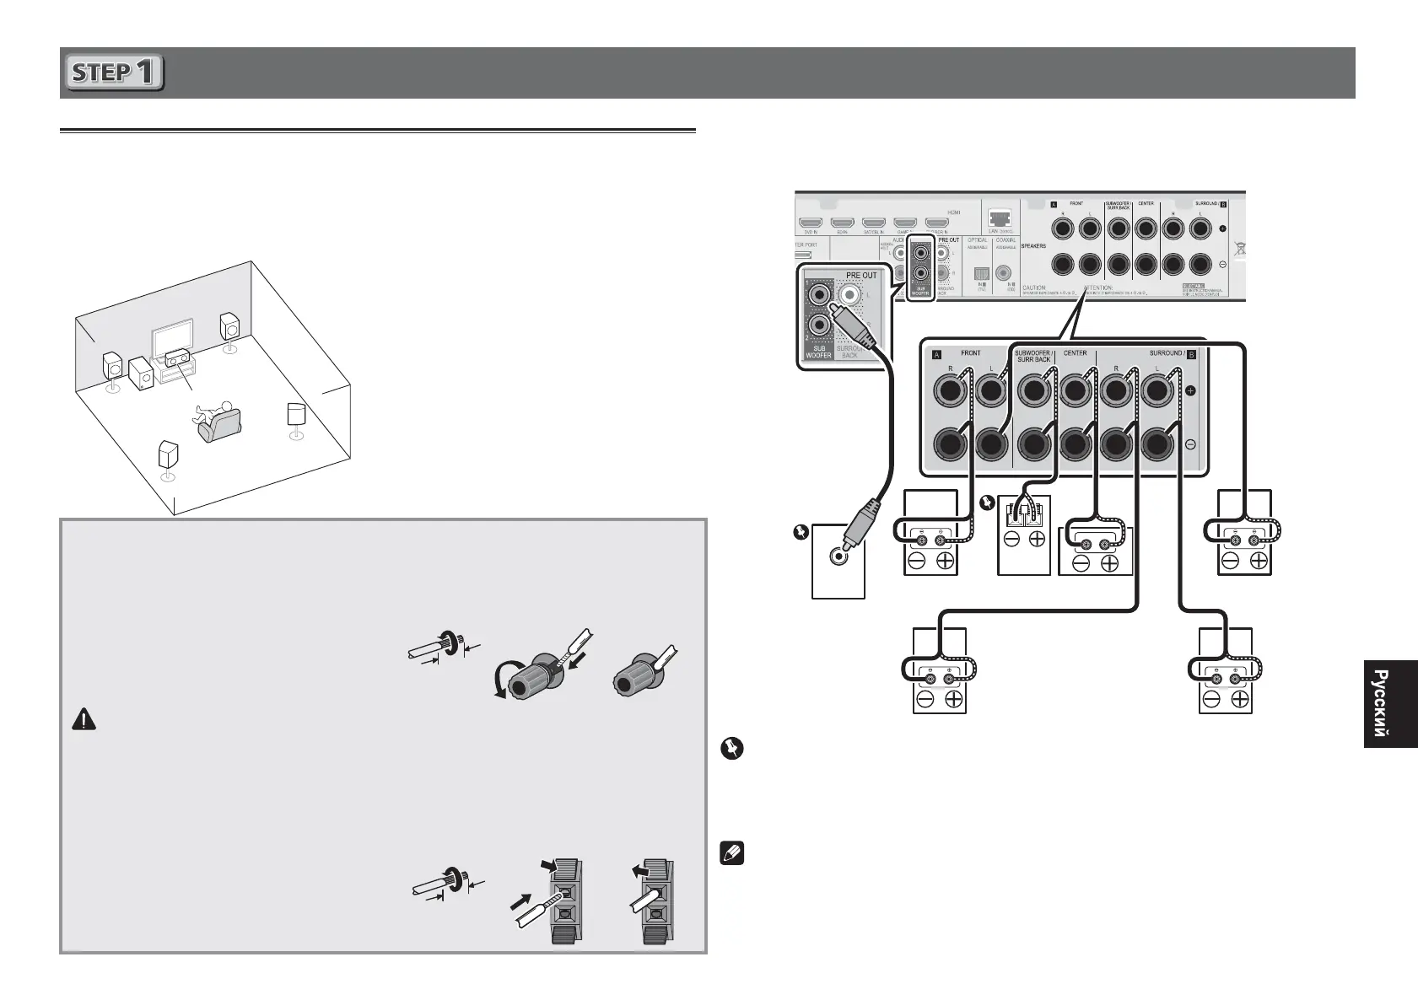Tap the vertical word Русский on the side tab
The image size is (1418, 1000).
1380,703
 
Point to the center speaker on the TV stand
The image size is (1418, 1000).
176,358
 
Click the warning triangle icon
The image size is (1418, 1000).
84,720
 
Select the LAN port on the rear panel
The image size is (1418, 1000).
1001,221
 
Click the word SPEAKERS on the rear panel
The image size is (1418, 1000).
1033,246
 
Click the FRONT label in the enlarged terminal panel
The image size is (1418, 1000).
971,353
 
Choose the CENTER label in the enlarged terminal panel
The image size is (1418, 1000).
1076,353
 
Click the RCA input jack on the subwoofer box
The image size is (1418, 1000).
838,556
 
